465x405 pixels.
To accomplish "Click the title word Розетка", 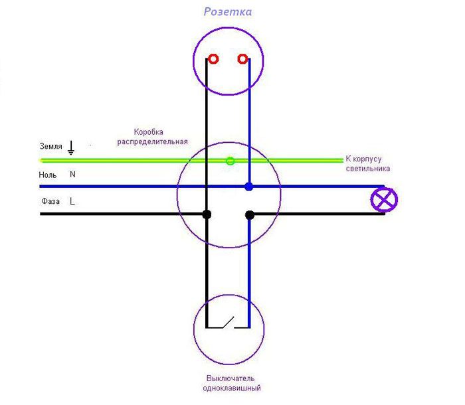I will tap(228, 12).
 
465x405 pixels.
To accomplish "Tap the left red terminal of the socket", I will tap(213, 59).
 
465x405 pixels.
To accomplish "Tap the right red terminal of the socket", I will tap(243, 59).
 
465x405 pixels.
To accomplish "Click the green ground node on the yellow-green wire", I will tap(231, 161).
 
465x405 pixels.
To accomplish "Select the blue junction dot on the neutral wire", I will tap(248, 187).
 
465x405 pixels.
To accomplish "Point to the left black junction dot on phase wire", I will tap(207, 214).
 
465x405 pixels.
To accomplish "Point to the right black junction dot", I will tap(250, 214).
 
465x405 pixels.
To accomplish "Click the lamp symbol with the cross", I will tap(384, 200).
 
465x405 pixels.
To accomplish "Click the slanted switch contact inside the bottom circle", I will tap(227, 323).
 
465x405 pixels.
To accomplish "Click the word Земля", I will tap(50, 146).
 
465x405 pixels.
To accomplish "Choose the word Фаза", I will tap(50, 201).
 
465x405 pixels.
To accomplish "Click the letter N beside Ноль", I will tap(72, 175).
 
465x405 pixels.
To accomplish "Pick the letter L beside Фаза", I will tap(72, 201).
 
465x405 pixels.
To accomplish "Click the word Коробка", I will tap(148, 132).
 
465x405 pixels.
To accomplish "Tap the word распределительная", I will tap(152, 142).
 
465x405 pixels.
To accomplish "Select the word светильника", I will tap(367, 169).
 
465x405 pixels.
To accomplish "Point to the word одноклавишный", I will tap(231, 388).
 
